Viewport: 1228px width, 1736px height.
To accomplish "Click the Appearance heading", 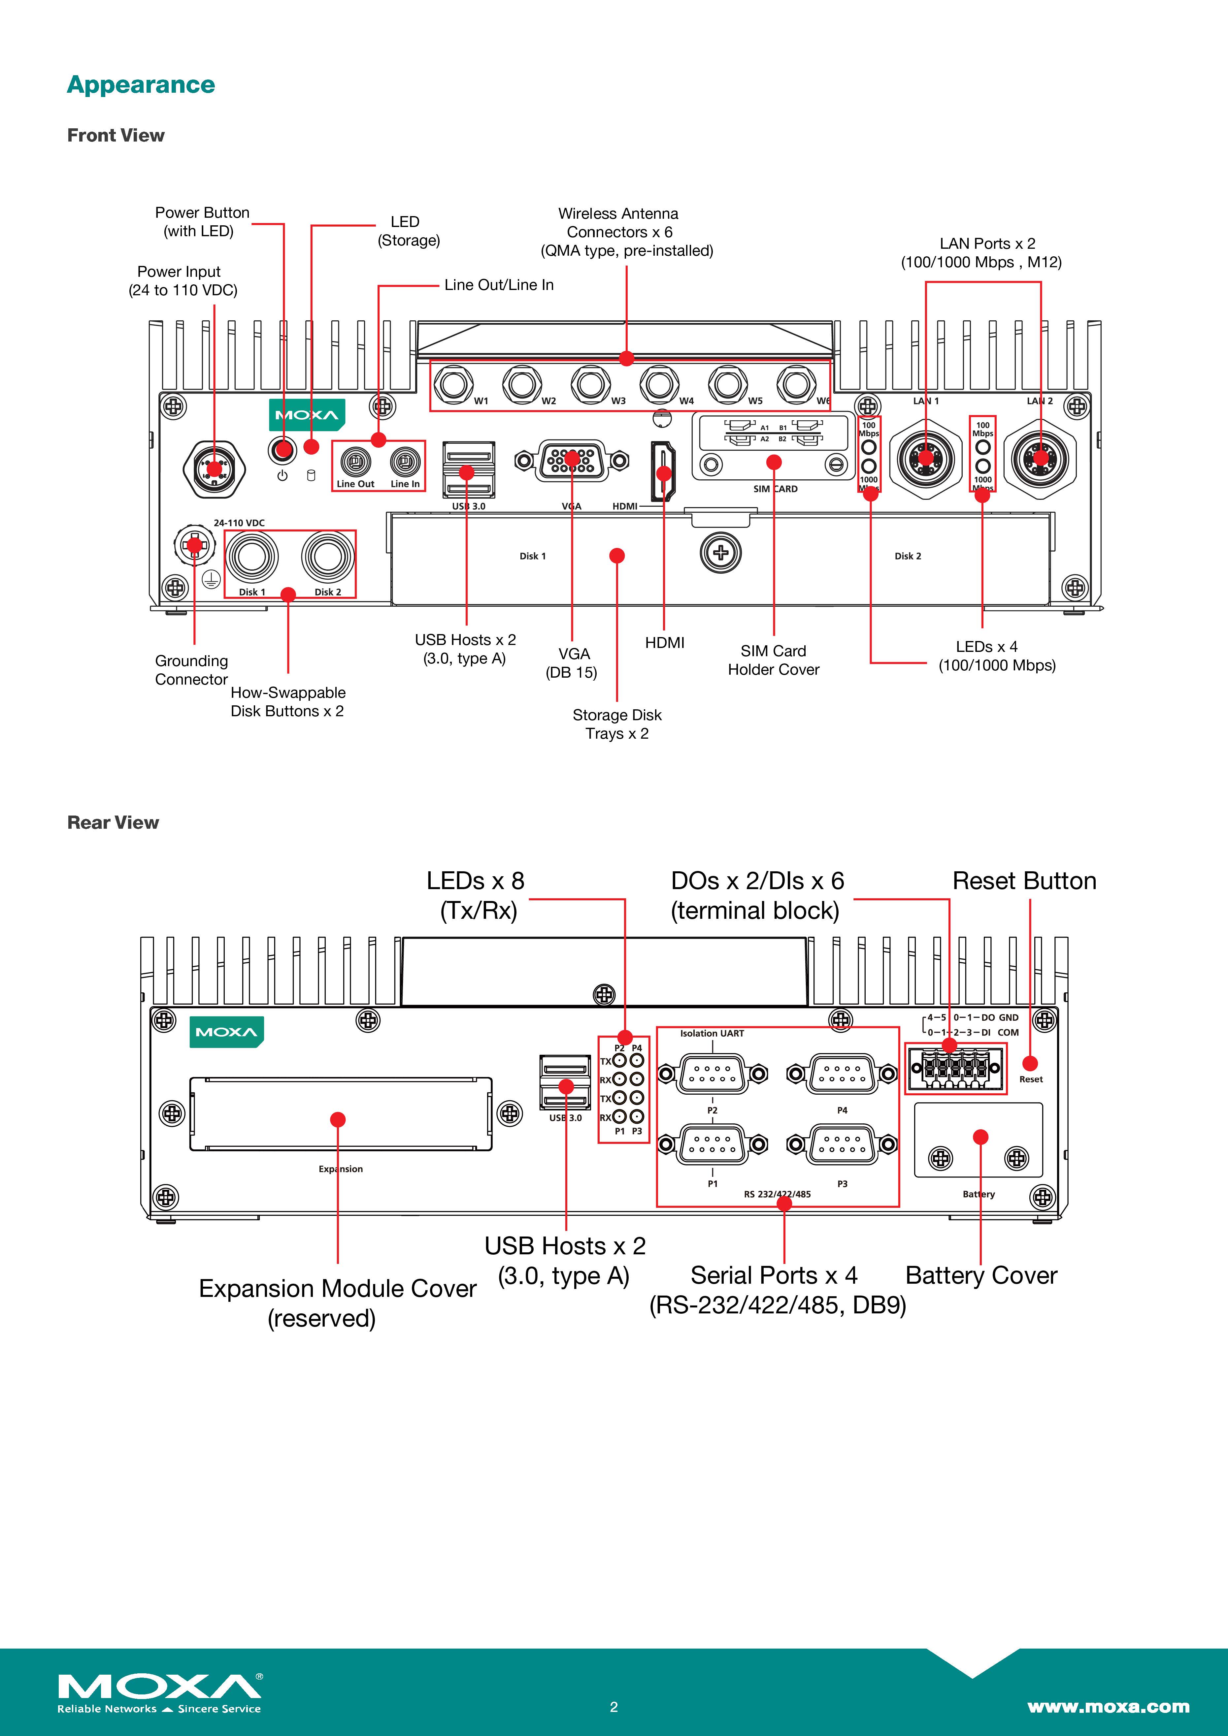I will [x=141, y=85].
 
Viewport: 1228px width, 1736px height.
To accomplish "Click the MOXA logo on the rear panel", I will [x=226, y=1032].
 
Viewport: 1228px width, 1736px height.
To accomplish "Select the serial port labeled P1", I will [x=712, y=1145].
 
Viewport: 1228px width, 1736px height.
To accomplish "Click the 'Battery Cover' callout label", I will [x=981, y=1275].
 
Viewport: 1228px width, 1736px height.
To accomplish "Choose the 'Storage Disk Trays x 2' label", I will [x=617, y=724].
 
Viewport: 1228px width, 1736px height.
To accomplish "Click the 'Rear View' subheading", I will [x=114, y=822].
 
